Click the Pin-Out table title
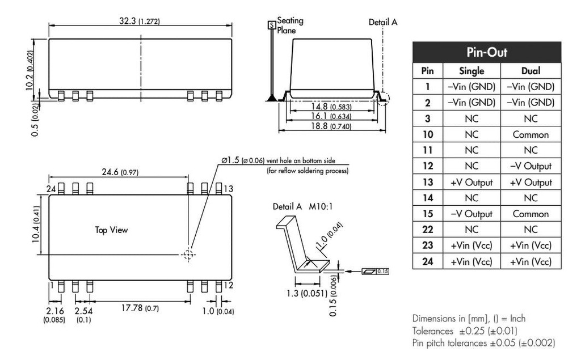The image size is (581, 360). click(486, 52)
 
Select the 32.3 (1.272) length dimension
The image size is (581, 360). click(140, 22)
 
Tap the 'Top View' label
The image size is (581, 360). click(111, 230)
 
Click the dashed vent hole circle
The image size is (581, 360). click(188, 255)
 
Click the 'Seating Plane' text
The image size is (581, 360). click(290, 26)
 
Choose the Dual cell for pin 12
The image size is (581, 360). click(531, 167)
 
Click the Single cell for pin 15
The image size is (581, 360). click(471, 214)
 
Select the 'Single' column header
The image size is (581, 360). click(471, 71)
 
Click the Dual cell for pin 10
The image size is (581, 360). click(531, 135)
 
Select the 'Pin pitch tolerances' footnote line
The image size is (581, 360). click(483, 343)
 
